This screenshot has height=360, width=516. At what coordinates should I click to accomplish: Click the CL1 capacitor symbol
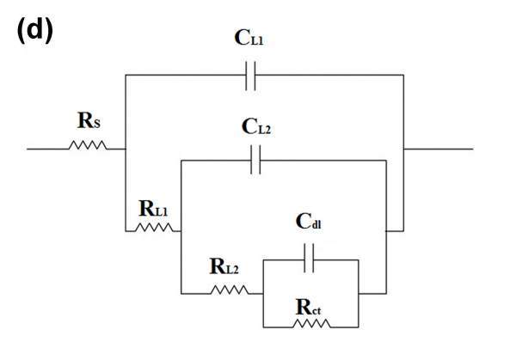251,76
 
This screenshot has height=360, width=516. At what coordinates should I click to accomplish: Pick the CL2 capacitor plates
255,160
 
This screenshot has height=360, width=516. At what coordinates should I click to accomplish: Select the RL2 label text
225,266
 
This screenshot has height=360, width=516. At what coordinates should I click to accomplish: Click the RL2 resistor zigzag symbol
229,290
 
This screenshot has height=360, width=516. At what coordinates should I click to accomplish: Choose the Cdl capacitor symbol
310,255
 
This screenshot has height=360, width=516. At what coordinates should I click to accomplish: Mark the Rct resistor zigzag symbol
311,325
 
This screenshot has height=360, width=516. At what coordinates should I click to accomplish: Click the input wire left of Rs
47,148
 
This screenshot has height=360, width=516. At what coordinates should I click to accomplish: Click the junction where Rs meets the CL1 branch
126,148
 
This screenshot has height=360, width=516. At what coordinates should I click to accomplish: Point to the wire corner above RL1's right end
181,160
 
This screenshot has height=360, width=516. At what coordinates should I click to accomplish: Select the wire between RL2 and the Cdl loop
255,290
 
